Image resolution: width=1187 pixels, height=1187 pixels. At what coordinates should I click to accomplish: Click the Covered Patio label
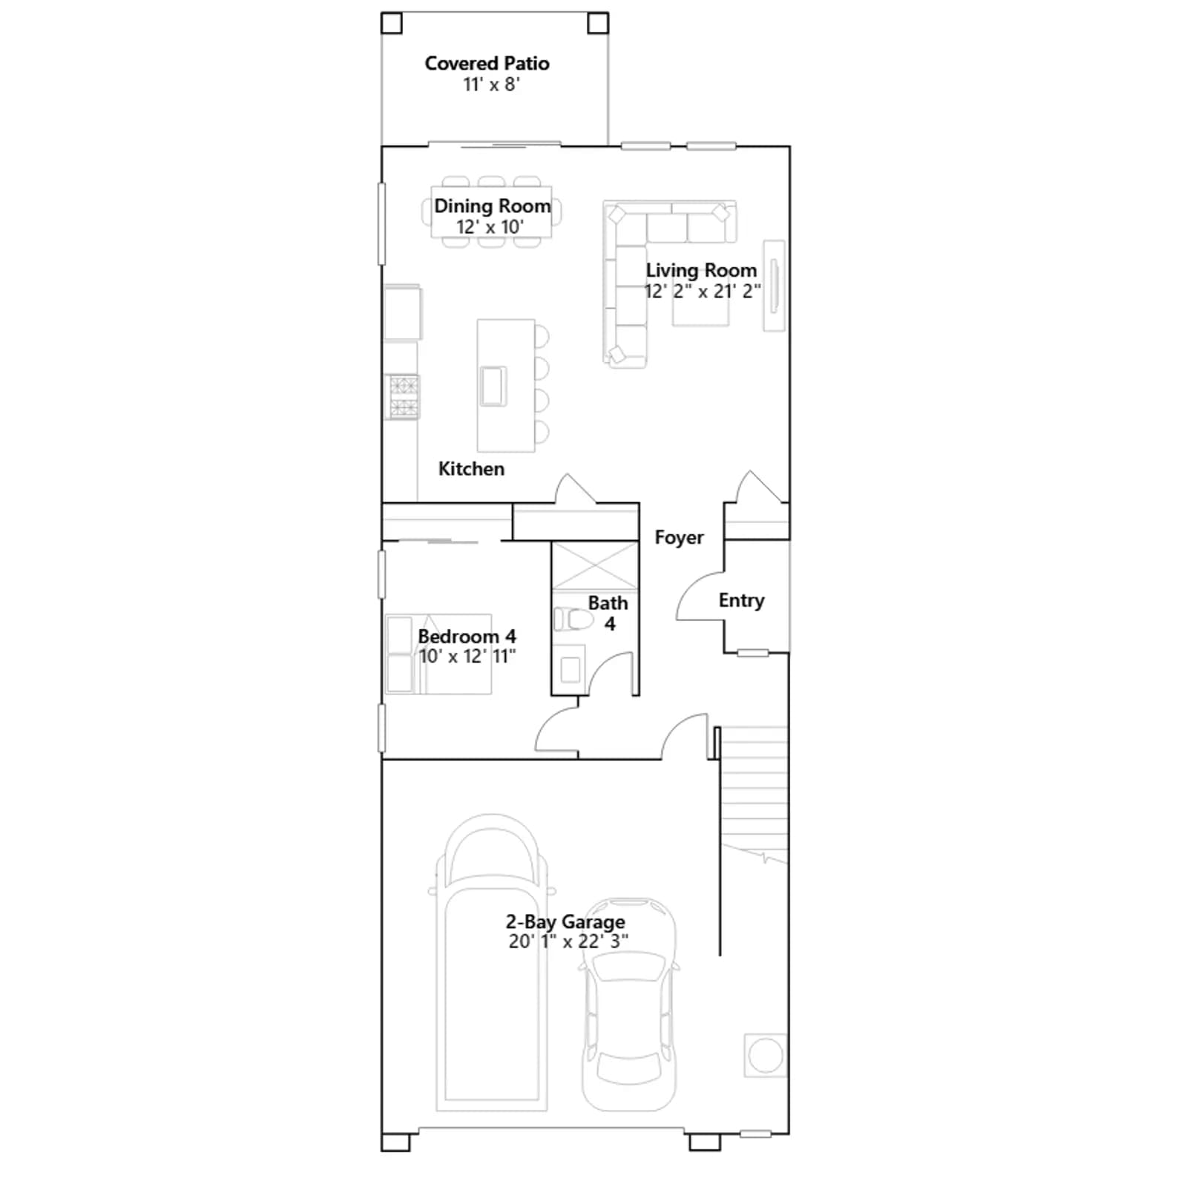487,63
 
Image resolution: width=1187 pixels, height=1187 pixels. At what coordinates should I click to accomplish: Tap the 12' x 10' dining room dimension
490,226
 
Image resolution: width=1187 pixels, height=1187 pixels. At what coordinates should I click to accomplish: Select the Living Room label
701,270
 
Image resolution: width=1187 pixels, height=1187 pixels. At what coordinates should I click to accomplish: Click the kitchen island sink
493,386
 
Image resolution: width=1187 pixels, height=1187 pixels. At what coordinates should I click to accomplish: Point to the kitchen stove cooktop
404,397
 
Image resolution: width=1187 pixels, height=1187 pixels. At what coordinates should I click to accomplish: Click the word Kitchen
471,469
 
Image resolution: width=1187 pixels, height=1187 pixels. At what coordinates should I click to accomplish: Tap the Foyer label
679,537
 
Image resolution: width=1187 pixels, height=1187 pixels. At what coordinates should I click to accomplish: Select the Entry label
741,600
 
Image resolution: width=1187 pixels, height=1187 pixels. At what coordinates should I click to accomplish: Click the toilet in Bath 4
573,618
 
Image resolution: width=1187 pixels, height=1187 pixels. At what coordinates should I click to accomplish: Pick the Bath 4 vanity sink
570,670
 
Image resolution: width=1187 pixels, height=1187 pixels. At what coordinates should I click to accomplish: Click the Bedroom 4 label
467,636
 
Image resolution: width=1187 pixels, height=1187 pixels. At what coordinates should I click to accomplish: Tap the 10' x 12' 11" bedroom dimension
467,656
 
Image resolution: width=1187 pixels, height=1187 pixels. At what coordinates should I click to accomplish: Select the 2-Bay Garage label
565,921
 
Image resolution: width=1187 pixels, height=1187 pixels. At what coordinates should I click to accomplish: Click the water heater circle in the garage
766,1054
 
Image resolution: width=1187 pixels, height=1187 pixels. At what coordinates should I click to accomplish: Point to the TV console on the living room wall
774,286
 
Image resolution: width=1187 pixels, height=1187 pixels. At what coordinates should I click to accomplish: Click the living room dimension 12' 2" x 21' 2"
702,291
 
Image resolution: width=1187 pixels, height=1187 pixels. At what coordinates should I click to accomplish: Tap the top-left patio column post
391,23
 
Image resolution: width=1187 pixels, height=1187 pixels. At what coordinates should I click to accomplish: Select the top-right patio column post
598,23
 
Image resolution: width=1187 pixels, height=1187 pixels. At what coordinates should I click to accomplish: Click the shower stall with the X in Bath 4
595,566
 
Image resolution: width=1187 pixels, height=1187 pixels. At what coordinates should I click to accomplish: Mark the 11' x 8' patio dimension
491,84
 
